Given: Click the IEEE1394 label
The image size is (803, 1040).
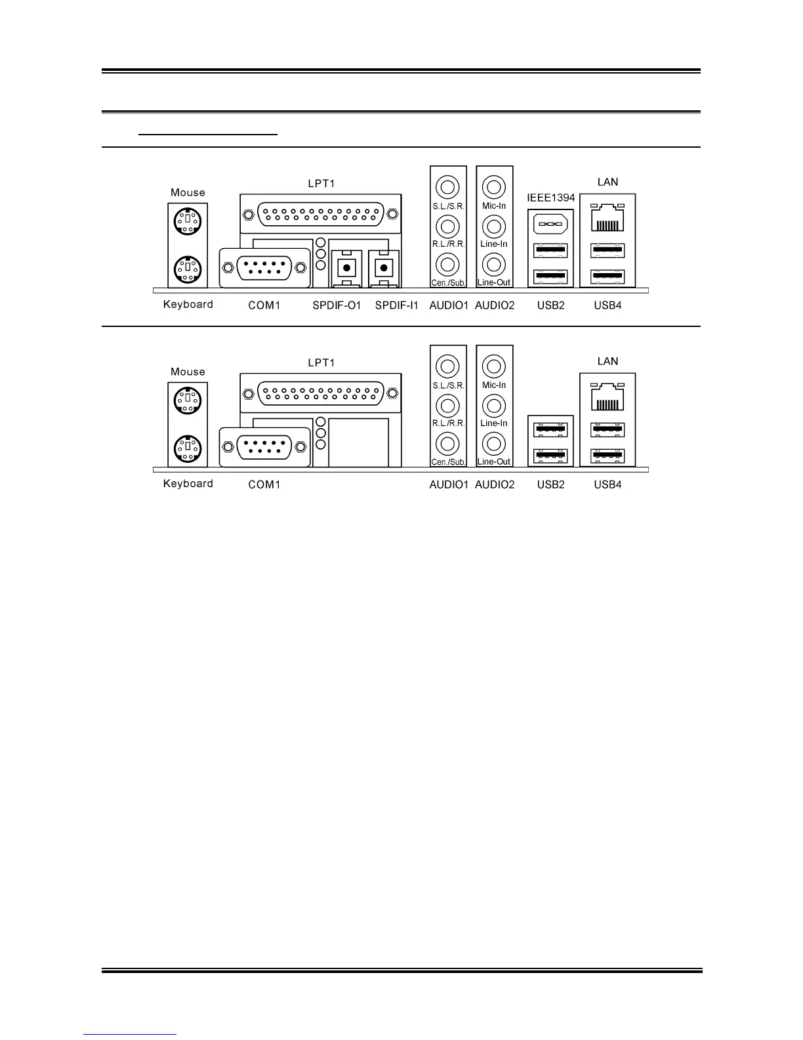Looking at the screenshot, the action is pyautogui.click(x=550, y=198).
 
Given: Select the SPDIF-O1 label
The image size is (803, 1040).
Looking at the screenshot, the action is pyautogui.click(x=337, y=305).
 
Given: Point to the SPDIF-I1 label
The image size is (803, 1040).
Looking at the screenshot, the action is pyautogui.click(x=396, y=305).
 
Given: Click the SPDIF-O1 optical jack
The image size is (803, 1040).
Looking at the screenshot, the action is pyautogui.click(x=346, y=268).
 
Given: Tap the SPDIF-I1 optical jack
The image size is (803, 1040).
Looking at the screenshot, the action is pyautogui.click(x=384, y=268).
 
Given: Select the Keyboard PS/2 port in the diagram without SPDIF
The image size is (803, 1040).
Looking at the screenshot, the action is pyautogui.click(x=188, y=449).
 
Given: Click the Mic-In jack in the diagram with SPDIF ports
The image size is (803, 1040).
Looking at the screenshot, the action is pyautogui.click(x=494, y=187).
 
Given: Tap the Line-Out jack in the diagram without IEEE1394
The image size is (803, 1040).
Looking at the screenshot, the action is pyautogui.click(x=494, y=443).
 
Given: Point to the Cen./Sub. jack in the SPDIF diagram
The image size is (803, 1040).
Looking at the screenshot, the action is pyautogui.click(x=448, y=265).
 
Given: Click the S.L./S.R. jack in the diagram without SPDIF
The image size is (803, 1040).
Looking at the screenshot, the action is pyautogui.click(x=448, y=366).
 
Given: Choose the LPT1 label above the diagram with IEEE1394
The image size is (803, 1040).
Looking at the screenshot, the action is pyautogui.click(x=321, y=183).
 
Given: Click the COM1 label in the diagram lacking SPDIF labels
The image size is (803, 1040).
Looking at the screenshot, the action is pyautogui.click(x=264, y=485).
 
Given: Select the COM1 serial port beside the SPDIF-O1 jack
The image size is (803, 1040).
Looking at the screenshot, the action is pyautogui.click(x=264, y=267).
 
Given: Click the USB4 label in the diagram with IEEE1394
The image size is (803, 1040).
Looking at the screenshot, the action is pyautogui.click(x=607, y=305).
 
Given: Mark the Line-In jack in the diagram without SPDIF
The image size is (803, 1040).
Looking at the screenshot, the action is pyautogui.click(x=494, y=405).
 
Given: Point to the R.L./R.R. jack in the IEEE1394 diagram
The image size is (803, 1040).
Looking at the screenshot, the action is pyautogui.click(x=448, y=227).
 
